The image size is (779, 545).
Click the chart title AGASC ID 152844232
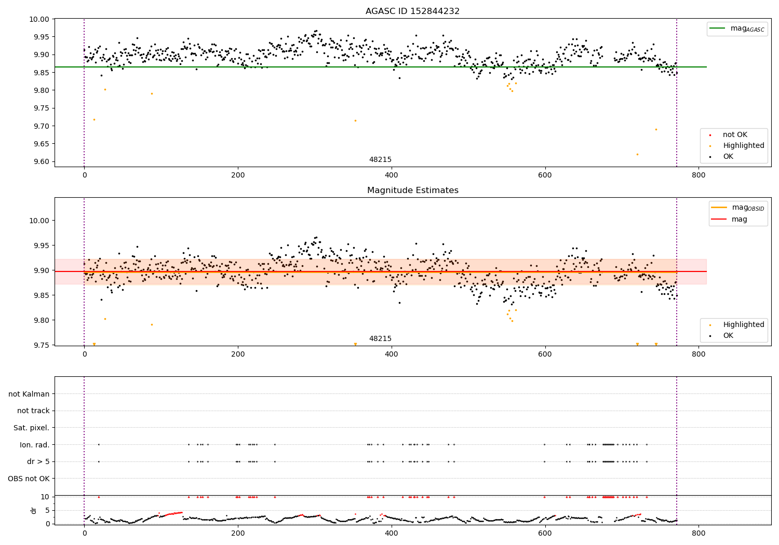click(x=412, y=11)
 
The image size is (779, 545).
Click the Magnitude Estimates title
click(x=412, y=190)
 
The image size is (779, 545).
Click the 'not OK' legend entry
click(x=735, y=135)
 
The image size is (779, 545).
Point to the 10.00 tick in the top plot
click(x=40, y=19)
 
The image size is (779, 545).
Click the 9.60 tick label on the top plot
click(x=40, y=161)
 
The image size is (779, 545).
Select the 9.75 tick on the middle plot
click(x=40, y=345)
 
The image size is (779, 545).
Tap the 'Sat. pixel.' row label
click(x=31, y=428)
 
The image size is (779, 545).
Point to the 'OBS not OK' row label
click(x=29, y=479)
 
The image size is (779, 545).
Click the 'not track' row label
click(x=33, y=411)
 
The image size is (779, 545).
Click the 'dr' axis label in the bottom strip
click(x=34, y=510)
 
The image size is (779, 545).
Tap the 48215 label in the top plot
click(x=380, y=160)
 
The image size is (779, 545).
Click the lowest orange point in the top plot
click(x=637, y=154)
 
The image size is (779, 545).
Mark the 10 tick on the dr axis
click(x=45, y=497)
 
